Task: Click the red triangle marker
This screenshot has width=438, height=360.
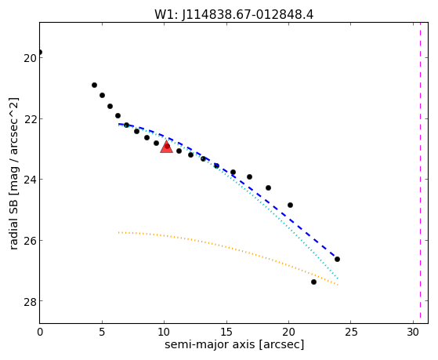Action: (166, 147)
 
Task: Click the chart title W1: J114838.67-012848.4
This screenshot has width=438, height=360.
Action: (234, 14)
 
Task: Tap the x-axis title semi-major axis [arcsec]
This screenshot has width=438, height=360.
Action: (234, 344)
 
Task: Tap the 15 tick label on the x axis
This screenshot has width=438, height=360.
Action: (226, 332)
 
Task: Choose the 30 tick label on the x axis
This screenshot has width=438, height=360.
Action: (413, 332)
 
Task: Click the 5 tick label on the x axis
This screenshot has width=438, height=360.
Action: (102, 332)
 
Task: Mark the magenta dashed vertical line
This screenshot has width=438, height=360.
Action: (420, 173)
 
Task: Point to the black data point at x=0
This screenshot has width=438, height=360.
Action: (40, 53)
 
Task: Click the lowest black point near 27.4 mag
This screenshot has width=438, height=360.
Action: (313, 282)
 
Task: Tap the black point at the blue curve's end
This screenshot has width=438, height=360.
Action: (337, 260)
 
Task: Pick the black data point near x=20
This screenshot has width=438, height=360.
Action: (290, 205)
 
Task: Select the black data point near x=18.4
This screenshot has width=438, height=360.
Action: (268, 187)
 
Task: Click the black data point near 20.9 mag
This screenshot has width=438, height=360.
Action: (94, 85)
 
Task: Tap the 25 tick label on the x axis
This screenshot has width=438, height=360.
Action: (351, 332)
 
